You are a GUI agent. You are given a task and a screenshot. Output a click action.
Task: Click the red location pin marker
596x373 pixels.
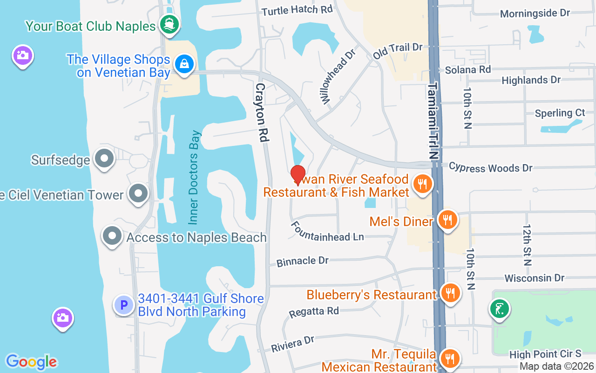click(298, 175)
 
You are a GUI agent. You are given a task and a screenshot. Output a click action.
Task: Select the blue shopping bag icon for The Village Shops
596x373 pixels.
click(185, 64)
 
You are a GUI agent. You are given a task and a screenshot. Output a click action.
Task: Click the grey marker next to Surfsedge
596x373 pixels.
click(104, 159)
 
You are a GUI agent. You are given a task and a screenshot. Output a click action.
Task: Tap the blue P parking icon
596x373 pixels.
click(124, 305)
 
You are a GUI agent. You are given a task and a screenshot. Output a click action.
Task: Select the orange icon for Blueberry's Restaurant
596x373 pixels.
click(450, 293)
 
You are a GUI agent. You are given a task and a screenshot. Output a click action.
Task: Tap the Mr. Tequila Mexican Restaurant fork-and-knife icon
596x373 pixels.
click(450, 359)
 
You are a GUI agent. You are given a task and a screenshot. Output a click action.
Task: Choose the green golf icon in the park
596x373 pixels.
click(499, 309)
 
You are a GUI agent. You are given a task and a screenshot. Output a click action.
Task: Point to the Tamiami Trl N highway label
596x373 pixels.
click(433, 122)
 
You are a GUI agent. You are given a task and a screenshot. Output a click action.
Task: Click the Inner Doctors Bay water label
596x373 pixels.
click(194, 177)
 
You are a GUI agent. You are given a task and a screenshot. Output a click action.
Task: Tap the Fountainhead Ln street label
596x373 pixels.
click(327, 232)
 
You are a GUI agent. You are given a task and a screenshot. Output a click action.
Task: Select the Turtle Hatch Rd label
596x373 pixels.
click(297, 10)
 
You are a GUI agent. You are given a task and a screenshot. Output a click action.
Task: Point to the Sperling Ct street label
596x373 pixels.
click(560, 113)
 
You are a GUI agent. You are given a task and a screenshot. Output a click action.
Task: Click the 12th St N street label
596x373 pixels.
click(527, 245)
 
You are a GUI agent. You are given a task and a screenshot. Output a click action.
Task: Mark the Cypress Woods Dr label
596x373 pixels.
click(490, 168)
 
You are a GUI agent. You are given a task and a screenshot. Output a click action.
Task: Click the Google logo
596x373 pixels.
click(31, 361)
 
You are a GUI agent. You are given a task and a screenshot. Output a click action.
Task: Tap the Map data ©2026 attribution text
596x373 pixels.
click(556, 366)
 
